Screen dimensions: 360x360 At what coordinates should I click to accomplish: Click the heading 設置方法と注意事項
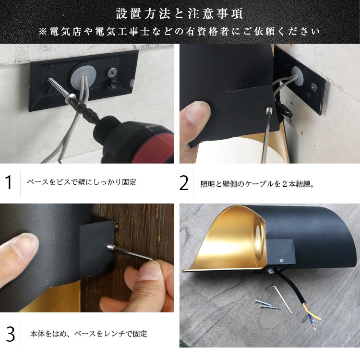click(180, 13)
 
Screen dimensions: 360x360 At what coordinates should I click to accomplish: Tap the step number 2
click(184, 182)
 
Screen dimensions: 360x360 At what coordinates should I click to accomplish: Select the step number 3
click(10, 334)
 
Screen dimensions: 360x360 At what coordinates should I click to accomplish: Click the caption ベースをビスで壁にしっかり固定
click(82, 183)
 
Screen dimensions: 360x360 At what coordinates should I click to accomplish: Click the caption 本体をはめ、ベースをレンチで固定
click(88, 334)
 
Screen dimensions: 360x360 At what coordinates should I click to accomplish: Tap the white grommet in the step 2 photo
click(297, 74)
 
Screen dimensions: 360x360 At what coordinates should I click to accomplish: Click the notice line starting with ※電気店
click(180, 32)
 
